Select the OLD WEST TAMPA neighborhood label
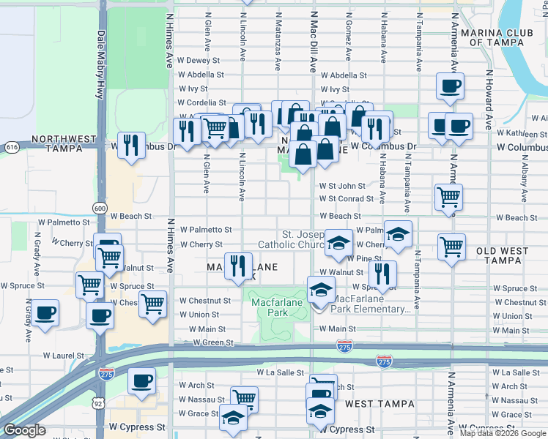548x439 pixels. click(x=502, y=256)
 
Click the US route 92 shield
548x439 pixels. click(x=97, y=402)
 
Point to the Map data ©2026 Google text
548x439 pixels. click(x=503, y=433)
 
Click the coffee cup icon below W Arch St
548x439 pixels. click(x=142, y=380)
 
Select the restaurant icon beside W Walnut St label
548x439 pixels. click(x=381, y=274)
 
